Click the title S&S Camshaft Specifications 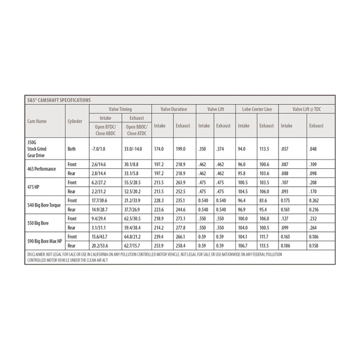[59, 100]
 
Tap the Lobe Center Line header [256, 109]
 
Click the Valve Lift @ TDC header [307, 109]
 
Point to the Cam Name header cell [37, 121]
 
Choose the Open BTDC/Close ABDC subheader [105, 130]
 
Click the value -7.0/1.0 [99, 149]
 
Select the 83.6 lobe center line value [263, 200]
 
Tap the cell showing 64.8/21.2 [132, 236]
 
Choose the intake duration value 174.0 [159, 149]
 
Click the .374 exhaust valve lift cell [220, 149]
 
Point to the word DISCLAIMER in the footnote [39, 254]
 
